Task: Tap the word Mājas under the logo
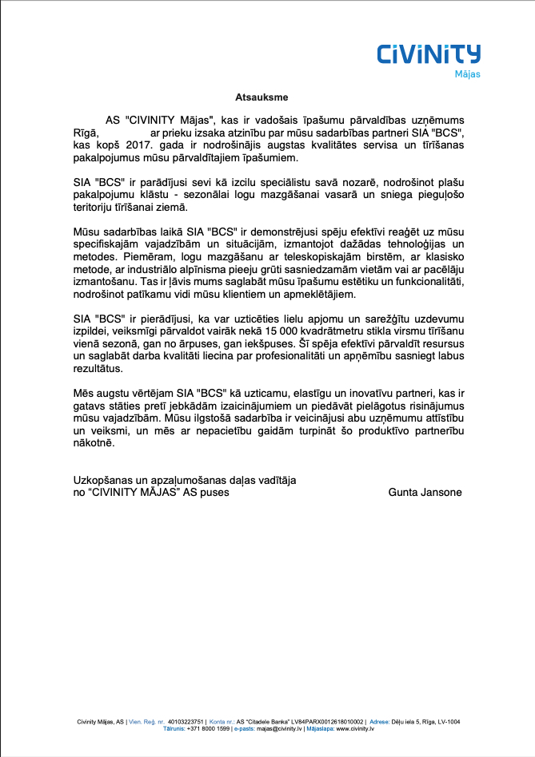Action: [x=467, y=75]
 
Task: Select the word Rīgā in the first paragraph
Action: [x=85, y=132]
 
